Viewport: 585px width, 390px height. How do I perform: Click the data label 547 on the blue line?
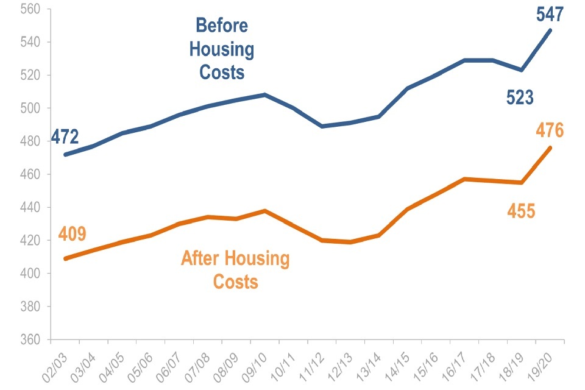550,14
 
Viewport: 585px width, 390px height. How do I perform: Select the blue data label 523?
520,97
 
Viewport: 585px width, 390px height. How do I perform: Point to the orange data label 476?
550,130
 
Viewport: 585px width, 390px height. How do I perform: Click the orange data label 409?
73,234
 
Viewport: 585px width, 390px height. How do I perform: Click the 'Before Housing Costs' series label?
222,49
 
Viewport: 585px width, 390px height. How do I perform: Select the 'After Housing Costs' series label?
235,270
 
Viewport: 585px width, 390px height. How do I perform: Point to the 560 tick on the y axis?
30,10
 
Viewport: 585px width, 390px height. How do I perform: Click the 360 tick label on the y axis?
30,339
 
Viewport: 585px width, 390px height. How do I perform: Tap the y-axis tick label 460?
30,175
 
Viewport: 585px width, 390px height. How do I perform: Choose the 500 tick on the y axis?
30,108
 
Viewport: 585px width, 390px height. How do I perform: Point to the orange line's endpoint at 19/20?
550,147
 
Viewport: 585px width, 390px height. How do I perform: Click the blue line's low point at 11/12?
322,126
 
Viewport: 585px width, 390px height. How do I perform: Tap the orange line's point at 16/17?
464,179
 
